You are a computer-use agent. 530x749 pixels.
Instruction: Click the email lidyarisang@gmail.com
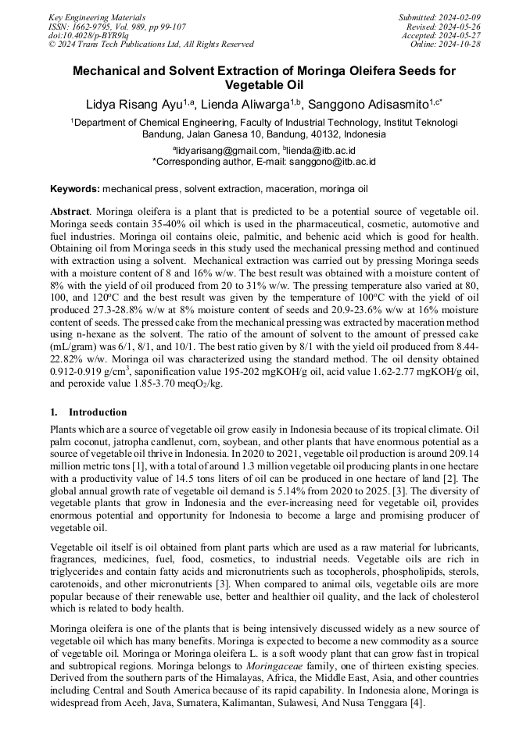pos(227,150)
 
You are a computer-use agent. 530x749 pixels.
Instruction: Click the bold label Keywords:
pos(75,189)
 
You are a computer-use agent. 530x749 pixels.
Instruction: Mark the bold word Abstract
pos(70,212)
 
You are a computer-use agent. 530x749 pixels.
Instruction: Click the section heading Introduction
pos(98,412)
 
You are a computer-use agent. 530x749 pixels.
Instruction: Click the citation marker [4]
pos(417,704)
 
